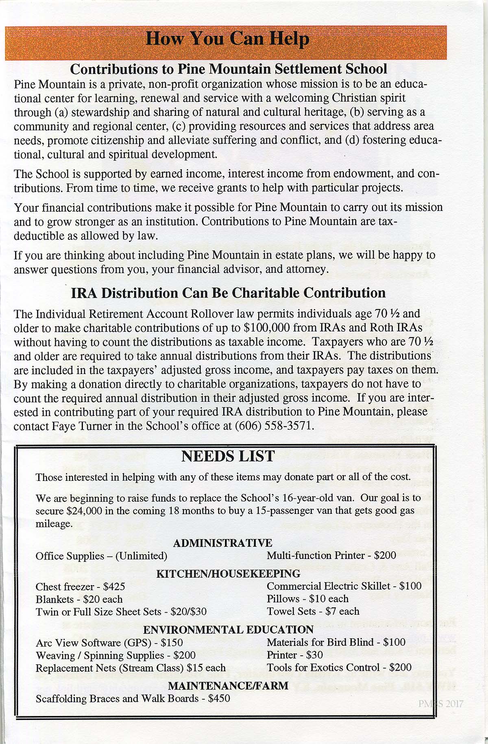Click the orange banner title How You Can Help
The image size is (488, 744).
[227, 39]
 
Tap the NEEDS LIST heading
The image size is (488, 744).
[228, 456]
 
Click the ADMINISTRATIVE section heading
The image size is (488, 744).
[222, 543]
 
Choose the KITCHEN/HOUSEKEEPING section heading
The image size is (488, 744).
[228, 574]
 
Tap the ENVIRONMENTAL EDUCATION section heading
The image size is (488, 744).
[228, 629]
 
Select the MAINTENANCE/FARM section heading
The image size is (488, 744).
[228, 686]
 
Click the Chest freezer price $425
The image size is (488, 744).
[114, 587]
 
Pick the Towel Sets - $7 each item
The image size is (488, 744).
[313, 611]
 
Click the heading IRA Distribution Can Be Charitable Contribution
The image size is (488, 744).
[228, 293]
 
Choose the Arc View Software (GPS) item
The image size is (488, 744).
[94, 643]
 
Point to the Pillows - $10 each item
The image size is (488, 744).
[307, 599]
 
